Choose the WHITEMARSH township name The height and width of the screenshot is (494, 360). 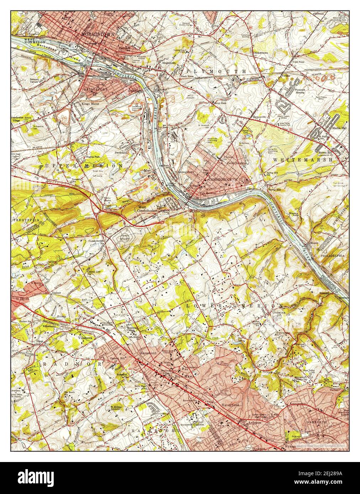pos(303,160)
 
